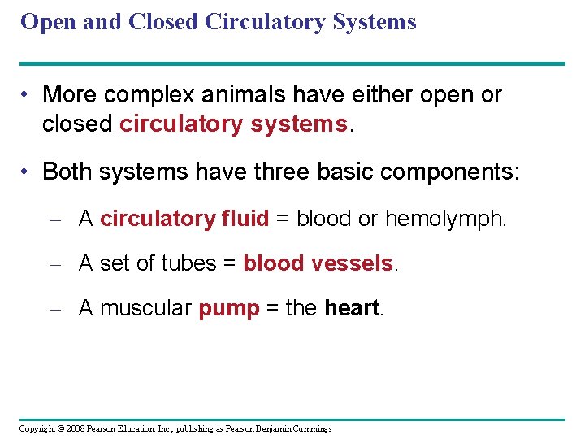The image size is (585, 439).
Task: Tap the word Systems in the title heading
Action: click(374, 22)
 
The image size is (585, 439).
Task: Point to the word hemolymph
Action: click(445, 219)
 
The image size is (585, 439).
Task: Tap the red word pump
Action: click(228, 308)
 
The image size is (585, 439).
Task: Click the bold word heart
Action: click(351, 308)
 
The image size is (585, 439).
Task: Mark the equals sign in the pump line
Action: click(272, 309)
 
